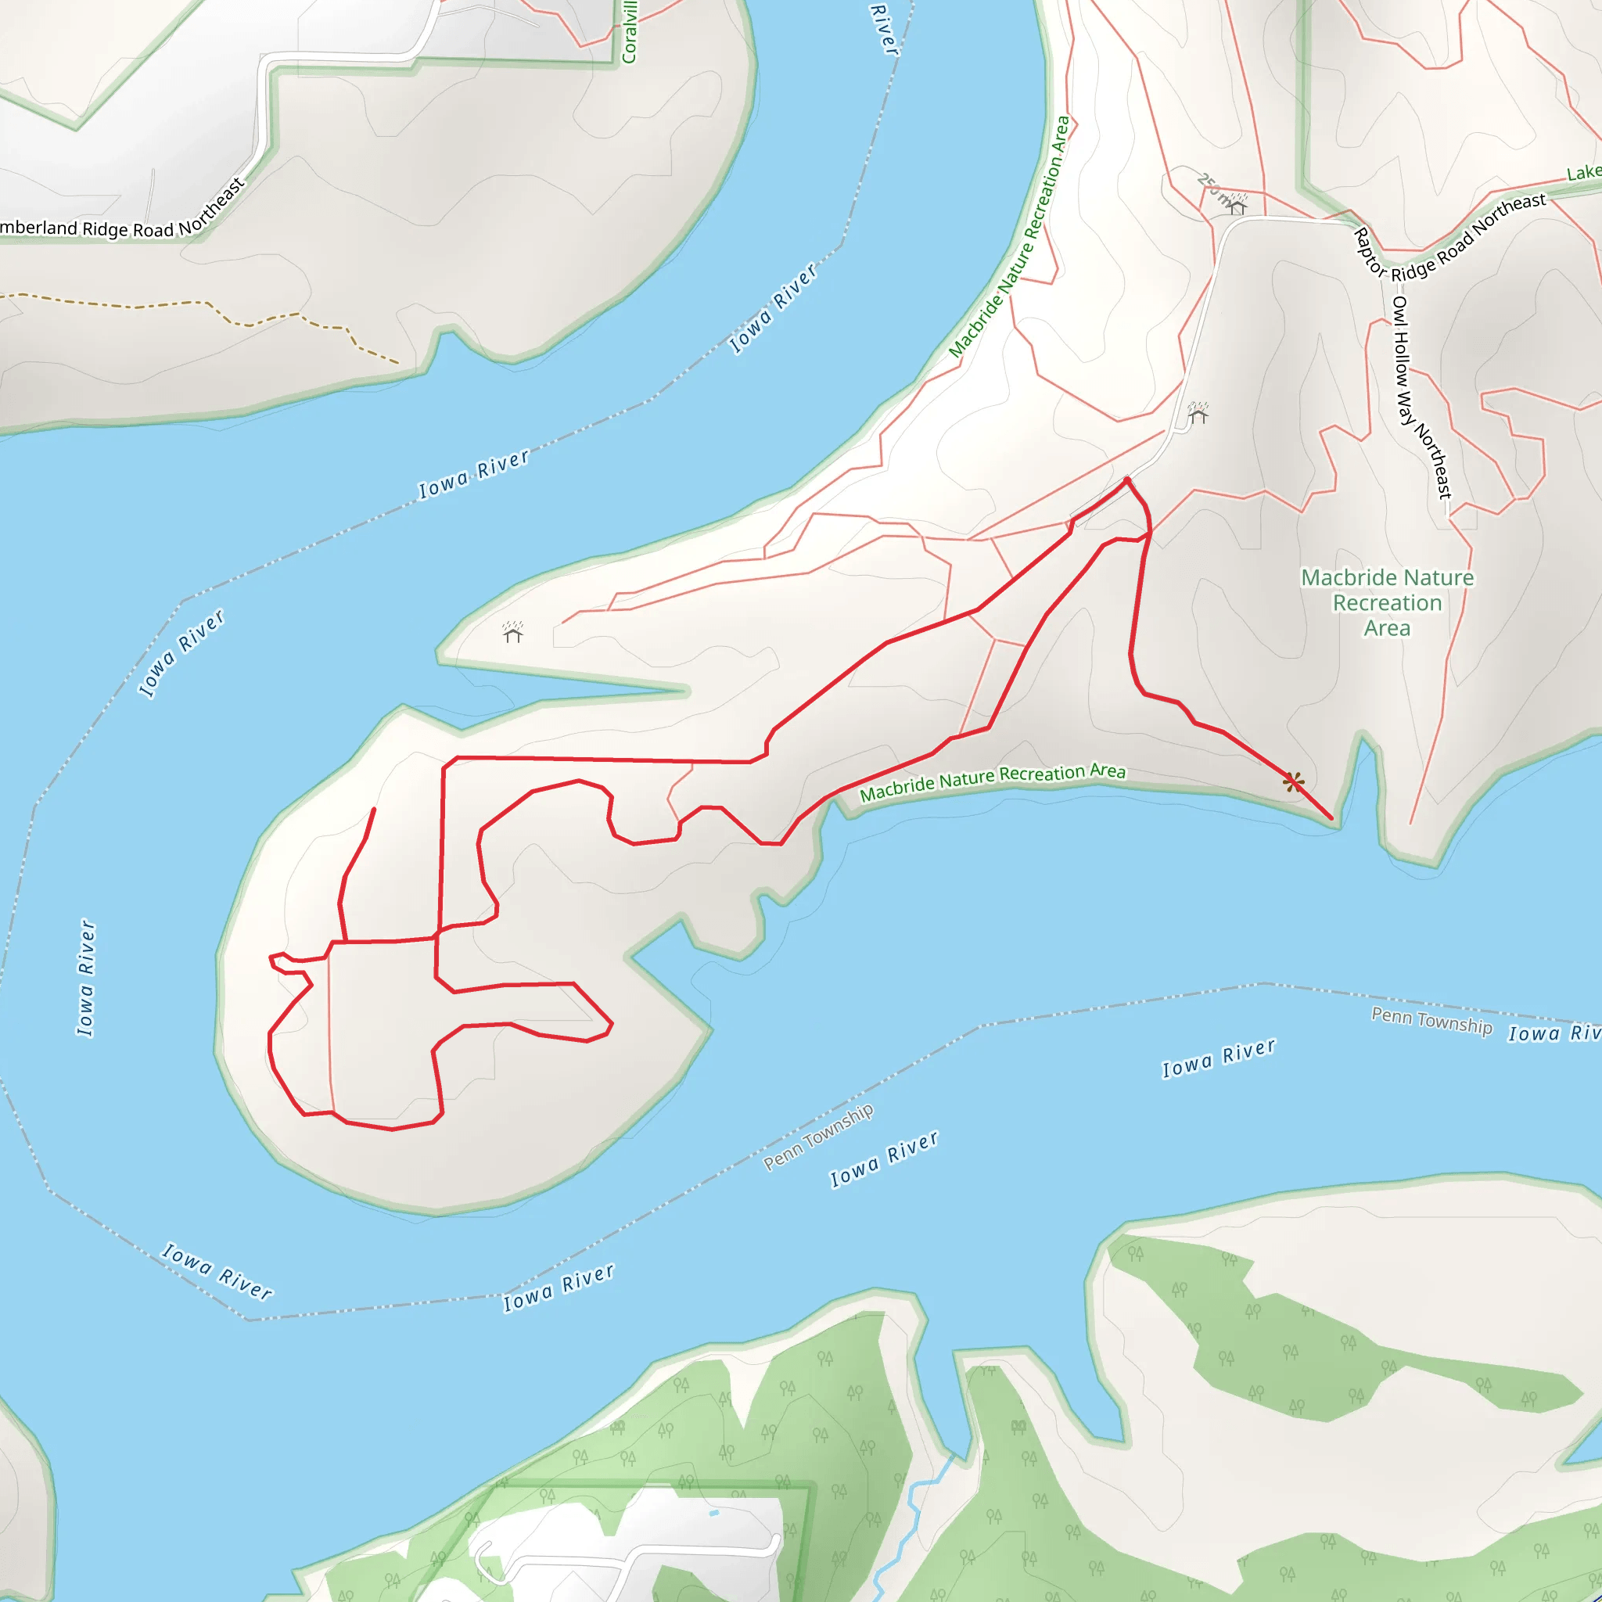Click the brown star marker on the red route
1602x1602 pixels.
click(x=1294, y=782)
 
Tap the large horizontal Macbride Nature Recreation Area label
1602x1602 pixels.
click(x=1387, y=603)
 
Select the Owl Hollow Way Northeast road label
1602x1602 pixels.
click(x=1421, y=397)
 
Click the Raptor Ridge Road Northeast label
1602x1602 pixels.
click(x=1451, y=241)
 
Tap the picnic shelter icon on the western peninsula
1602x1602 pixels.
click(x=512, y=633)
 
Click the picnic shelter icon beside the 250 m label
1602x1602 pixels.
click(x=1237, y=203)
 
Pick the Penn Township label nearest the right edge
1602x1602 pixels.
click(x=1431, y=1020)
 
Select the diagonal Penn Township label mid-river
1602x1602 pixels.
click(x=817, y=1136)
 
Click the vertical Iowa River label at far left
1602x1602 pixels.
click(x=86, y=978)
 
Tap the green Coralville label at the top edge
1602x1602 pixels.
click(x=630, y=33)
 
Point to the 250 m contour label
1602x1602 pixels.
click(x=1212, y=189)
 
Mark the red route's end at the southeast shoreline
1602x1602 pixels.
click(x=1331, y=818)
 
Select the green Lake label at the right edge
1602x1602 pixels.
click(x=1583, y=172)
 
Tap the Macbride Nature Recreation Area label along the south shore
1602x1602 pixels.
click(x=993, y=782)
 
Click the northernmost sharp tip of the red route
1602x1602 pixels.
click(x=1127, y=480)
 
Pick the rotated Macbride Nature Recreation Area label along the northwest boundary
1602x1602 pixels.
click(x=1009, y=237)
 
